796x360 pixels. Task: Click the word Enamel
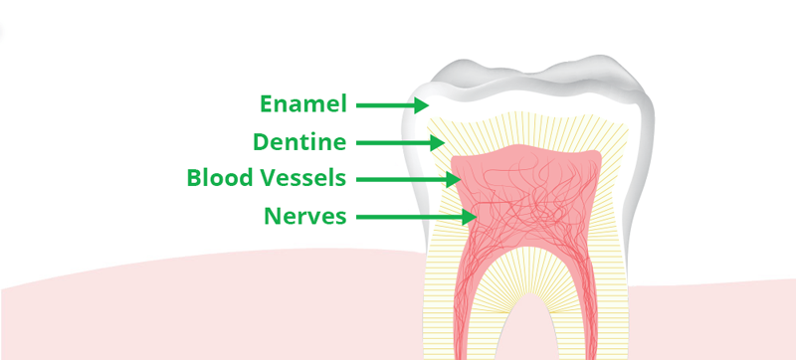click(303, 104)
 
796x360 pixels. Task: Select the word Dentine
click(299, 141)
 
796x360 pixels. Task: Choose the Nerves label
click(305, 217)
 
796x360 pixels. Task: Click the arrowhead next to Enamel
click(422, 105)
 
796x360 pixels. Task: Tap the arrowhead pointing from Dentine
click(437, 143)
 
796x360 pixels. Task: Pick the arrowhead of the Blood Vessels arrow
click(453, 179)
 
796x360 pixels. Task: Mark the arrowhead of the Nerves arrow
click(469, 218)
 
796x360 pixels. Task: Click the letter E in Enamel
click(267, 104)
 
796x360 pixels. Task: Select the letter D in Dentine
click(262, 141)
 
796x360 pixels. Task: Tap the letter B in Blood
click(194, 178)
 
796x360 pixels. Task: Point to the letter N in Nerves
click(273, 217)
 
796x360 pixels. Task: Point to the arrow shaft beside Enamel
click(386, 105)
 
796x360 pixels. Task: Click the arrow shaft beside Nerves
click(409, 218)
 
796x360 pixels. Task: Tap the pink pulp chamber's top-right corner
click(600, 153)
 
